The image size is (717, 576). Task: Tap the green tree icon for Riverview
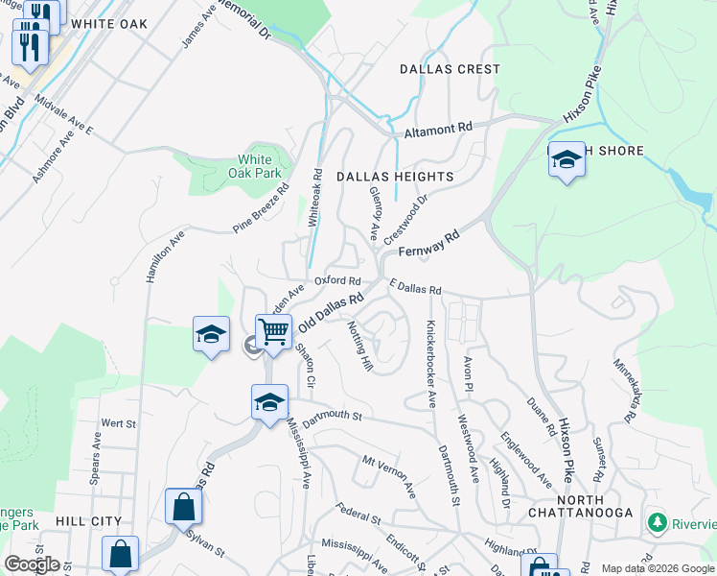(658, 523)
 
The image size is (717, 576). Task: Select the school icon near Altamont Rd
(567, 160)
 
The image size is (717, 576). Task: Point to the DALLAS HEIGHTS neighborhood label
(394, 177)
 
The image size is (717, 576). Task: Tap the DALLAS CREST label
(450, 69)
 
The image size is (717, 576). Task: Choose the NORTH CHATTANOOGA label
(579, 506)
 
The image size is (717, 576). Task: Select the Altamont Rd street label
(439, 128)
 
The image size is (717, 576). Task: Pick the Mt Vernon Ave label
(388, 474)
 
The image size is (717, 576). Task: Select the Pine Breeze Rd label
(260, 211)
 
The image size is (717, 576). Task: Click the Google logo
(32, 564)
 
